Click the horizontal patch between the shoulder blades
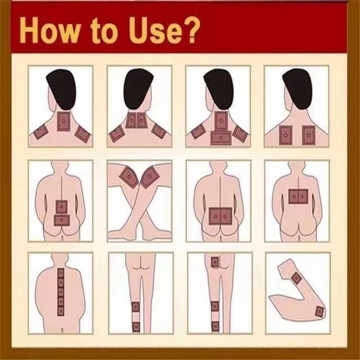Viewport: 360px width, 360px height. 220,138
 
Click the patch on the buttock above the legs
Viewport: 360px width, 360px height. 215,262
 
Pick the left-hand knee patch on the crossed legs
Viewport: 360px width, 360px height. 129,177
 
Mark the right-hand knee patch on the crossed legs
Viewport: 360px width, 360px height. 150,177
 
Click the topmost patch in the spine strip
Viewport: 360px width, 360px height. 61,273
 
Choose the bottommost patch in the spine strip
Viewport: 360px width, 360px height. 61,311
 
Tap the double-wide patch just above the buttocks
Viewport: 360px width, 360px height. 220,216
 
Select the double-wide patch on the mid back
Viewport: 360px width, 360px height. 298,197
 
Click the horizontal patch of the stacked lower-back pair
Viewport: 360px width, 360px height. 61,220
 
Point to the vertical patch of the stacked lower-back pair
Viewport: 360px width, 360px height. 61,207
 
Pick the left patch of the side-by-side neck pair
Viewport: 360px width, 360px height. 131,120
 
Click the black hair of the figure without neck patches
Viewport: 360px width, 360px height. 298,88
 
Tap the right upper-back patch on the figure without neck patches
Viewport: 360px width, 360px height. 309,135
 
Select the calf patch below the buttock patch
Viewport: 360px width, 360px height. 215,306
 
